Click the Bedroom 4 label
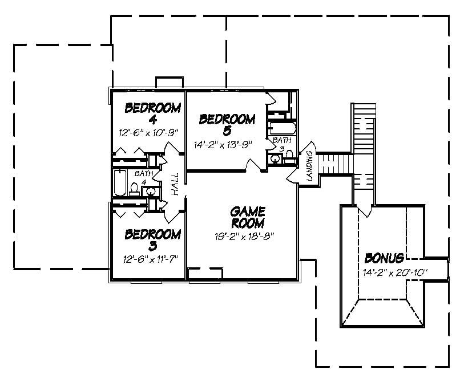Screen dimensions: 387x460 (x=153, y=113)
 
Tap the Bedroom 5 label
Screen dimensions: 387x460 (x=227, y=125)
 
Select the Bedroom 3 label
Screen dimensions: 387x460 (x=153, y=240)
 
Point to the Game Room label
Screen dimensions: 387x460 (x=248, y=217)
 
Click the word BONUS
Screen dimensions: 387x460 (x=385, y=257)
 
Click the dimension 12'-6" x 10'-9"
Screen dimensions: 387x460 (x=150, y=132)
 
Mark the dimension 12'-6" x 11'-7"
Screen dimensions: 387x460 (x=151, y=259)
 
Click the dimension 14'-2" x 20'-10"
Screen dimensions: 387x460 (x=394, y=271)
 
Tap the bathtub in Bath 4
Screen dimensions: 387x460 (x=119, y=182)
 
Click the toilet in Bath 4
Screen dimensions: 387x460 (x=135, y=188)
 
